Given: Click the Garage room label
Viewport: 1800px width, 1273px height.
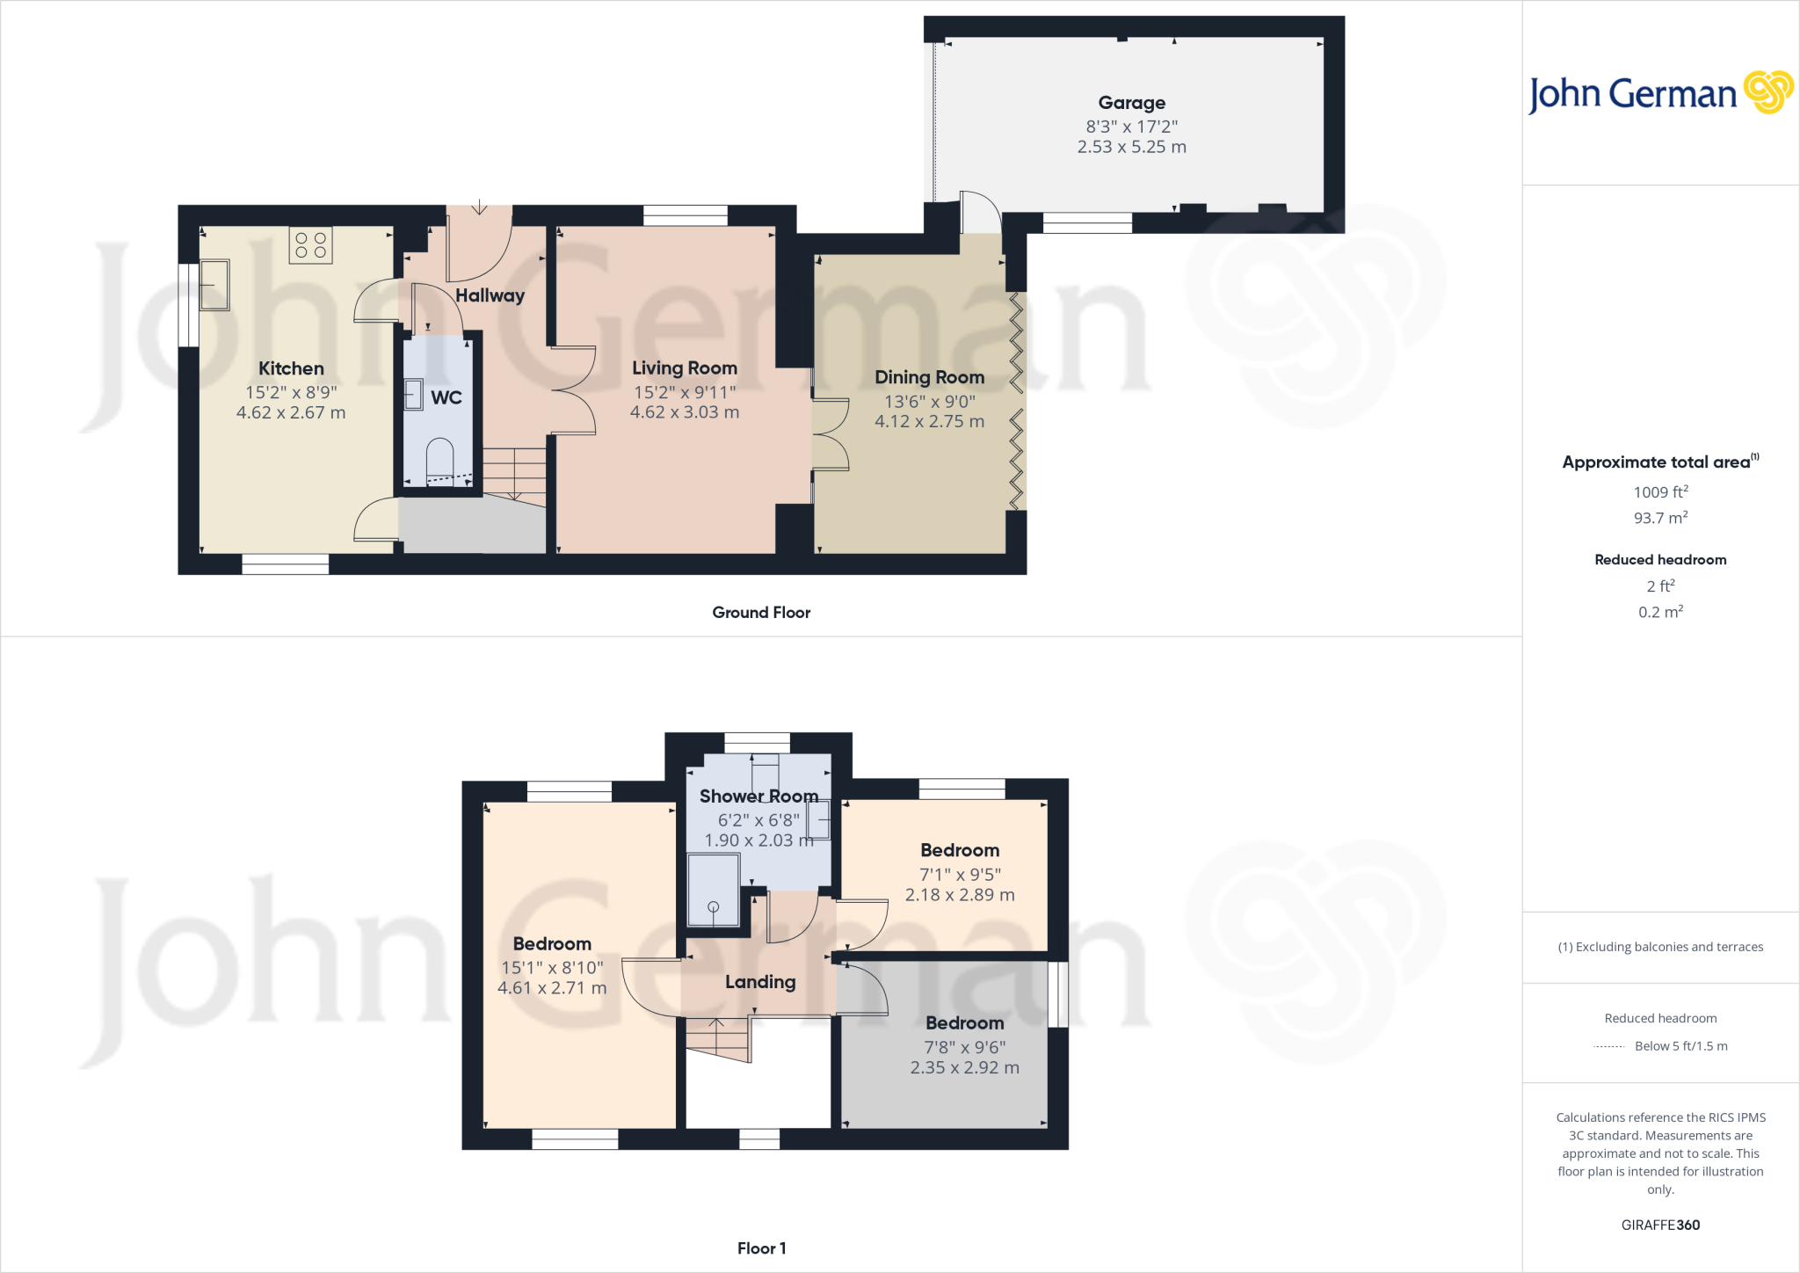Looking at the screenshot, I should (x=1131, y=103).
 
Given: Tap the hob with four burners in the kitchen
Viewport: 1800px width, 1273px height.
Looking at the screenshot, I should (x=310, y=245).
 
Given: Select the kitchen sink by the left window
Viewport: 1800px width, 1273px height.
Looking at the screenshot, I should (x=214, y=285).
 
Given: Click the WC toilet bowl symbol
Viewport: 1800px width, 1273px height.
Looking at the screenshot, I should (x=439, y=461).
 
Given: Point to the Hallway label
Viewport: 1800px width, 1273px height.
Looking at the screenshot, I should (x=490, y=295).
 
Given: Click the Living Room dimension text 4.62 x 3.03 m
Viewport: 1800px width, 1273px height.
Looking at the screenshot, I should (x=684, y=412).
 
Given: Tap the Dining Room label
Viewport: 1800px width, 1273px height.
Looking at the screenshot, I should (x=929, y=377).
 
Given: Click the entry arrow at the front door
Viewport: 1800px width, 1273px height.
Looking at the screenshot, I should (x=479, y=207).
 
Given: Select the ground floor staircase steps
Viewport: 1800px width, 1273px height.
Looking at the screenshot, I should (x=514, y=473).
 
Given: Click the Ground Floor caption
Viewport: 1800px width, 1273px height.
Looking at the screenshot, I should (x=761, y=613).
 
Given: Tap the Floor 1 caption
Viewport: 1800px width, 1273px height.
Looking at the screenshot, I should (x=761, y=1248).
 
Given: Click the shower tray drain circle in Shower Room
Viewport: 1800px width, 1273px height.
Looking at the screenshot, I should (x=713, y=906).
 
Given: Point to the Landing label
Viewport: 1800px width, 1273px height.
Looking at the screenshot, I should (x=760, y=982).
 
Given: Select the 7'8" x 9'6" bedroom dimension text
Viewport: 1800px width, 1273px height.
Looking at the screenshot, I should (x=964, y=1047).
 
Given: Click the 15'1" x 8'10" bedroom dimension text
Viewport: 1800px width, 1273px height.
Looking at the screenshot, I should (x=552, y=968).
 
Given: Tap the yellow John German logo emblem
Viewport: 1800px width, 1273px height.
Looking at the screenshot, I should (x=1767, y=92).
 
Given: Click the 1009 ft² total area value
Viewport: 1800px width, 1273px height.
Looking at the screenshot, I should (x=1660, y=492).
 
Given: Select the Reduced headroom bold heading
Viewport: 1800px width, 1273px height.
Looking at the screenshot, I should (x=1660, y=560).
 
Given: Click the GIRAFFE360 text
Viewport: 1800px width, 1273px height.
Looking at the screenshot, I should (x=1660, y=1225).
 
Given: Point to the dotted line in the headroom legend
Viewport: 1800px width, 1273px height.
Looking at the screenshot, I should (x=1608, y=1047).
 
